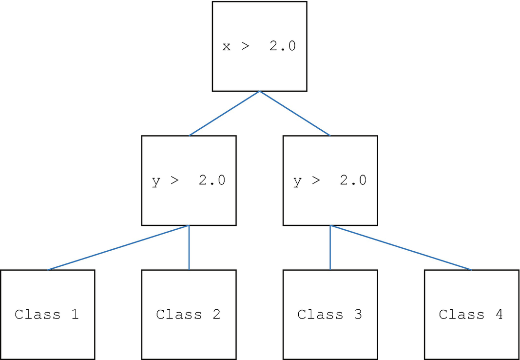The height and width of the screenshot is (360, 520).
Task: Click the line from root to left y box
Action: pos(224,113)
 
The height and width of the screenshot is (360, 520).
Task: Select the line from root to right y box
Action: pos(295,113)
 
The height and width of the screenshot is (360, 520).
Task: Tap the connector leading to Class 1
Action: pos(118,247)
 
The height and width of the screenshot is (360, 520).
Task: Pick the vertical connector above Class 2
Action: pos(189,247)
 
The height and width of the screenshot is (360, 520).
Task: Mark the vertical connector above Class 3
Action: pos(330,247)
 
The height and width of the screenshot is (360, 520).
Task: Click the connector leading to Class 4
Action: pos(401,247)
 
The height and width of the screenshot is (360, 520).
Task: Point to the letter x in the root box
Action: pos(227,47)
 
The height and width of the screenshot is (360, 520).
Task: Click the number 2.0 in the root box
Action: pos(282,46)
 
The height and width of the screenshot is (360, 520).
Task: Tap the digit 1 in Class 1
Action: pos(75,314)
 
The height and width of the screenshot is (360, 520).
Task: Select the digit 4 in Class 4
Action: pos(499,314)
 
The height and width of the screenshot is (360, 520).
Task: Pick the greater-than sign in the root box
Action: pos(245,47)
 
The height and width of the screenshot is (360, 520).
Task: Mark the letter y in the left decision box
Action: pos(156,181)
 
